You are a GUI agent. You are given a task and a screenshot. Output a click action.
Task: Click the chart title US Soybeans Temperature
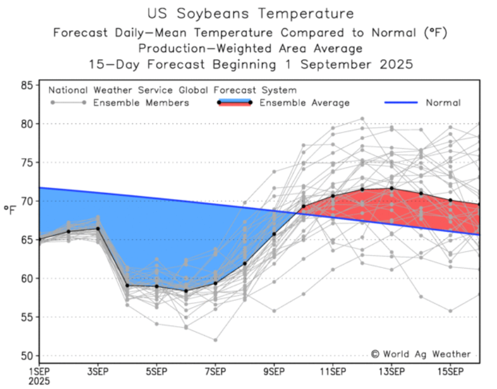point(250,13)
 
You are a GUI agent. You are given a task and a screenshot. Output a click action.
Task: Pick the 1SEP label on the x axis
point(40,372)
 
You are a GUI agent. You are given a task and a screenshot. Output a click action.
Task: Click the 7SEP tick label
point(215,372)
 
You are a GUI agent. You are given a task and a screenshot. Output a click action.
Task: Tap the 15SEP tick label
point(450,372)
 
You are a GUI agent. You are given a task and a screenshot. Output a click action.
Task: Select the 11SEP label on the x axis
point(333,372)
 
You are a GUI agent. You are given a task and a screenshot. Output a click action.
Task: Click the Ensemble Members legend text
point(141,103)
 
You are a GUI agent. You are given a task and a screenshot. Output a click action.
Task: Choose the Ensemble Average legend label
point(304,103)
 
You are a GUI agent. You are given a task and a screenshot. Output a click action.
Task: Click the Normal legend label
point(443,103)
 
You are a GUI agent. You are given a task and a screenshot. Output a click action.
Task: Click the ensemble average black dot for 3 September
point(98,228)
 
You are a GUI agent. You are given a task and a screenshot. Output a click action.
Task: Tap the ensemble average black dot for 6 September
point(186,291)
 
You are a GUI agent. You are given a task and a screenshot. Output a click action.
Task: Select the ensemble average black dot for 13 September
point(391,188)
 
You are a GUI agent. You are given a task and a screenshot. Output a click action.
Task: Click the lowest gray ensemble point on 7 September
point(215,340)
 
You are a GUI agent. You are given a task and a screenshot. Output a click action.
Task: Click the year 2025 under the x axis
point(40,381)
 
